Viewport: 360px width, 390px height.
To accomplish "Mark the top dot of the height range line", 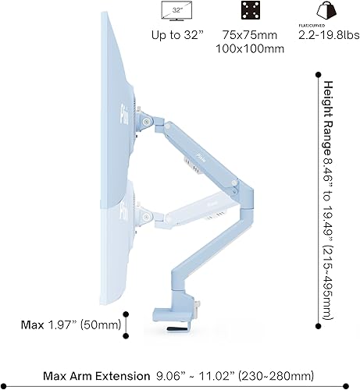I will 318,76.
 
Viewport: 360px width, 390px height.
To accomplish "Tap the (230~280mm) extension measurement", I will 269,375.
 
